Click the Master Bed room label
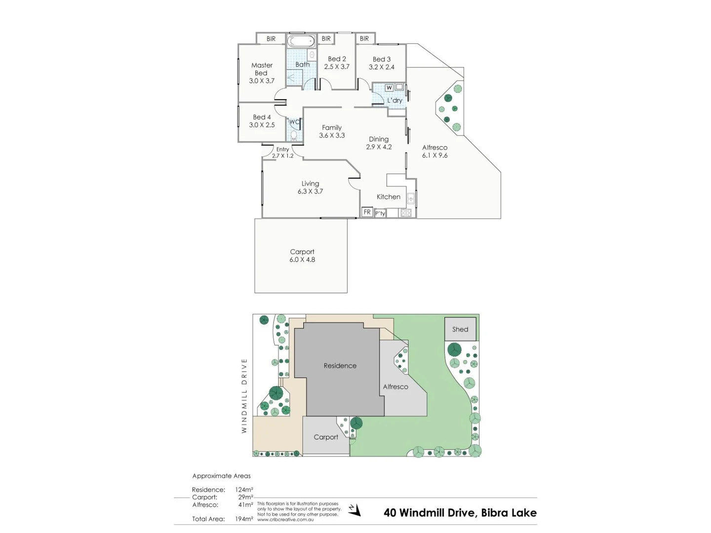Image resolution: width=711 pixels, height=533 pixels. [262, 69]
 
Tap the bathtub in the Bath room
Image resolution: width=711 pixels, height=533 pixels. [301, 41]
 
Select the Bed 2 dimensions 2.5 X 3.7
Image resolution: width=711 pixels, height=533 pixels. [337, 67]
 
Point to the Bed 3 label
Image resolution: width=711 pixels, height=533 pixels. [382, 59]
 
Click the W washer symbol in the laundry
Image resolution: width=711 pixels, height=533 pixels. [389, 88]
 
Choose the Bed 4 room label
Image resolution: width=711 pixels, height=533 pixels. [262, 117]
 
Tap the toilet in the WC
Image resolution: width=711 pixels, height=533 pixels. [294, 135]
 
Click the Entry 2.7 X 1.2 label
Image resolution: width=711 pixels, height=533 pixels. [282, 152]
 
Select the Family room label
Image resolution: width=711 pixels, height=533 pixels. [332, 127]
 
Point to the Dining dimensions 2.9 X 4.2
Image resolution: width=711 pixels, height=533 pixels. [379, 147]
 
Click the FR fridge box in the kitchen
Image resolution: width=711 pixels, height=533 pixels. [367, 212]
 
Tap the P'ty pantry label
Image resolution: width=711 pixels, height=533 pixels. [380, 213]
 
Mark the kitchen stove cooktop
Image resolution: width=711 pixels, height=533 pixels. [405, 213]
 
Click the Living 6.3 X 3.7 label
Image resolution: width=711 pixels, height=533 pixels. [310, 188]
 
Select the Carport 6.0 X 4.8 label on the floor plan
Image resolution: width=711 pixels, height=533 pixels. [302, 256]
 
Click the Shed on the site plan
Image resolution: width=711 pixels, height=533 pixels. [460, 329]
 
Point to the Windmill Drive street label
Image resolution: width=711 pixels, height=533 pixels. [244, 396]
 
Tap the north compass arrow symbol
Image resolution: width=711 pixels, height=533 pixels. [355, 510]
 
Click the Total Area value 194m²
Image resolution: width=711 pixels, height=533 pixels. [244, 519]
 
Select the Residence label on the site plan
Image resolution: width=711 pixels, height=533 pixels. [340, 366]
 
